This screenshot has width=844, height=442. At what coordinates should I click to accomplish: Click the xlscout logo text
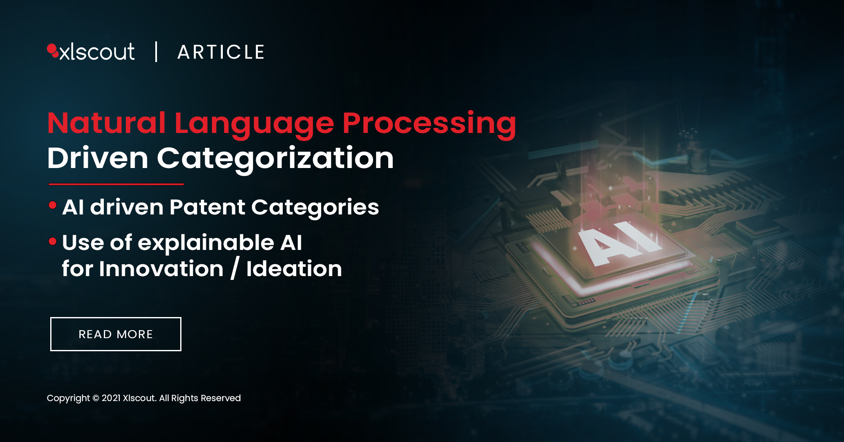tap(97, 52)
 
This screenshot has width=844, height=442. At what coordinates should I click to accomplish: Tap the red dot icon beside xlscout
tap(53, 50)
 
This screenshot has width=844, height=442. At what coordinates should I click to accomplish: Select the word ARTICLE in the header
tap(221, 52)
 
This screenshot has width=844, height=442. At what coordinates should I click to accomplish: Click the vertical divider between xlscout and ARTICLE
tap(157, 52)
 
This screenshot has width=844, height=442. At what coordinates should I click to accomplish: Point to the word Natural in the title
tap(106, 123)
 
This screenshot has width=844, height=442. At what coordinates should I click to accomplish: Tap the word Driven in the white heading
tap(98, 158)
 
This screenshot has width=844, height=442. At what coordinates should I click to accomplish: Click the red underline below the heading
tap(116, 184)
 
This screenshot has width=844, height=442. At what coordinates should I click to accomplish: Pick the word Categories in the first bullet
tap(315, 209)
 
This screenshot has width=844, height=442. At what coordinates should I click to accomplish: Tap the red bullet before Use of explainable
tap(53, 241)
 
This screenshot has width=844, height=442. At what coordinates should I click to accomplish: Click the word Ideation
tap(294, 269)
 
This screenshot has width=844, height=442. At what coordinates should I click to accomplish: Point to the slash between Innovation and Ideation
tap(235, 268)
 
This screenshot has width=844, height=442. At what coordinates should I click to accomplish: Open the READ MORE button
tap(116, 334)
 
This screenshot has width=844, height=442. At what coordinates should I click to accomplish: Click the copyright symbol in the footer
tap(96, 398)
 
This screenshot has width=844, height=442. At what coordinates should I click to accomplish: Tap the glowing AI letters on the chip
tap(619, 244)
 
